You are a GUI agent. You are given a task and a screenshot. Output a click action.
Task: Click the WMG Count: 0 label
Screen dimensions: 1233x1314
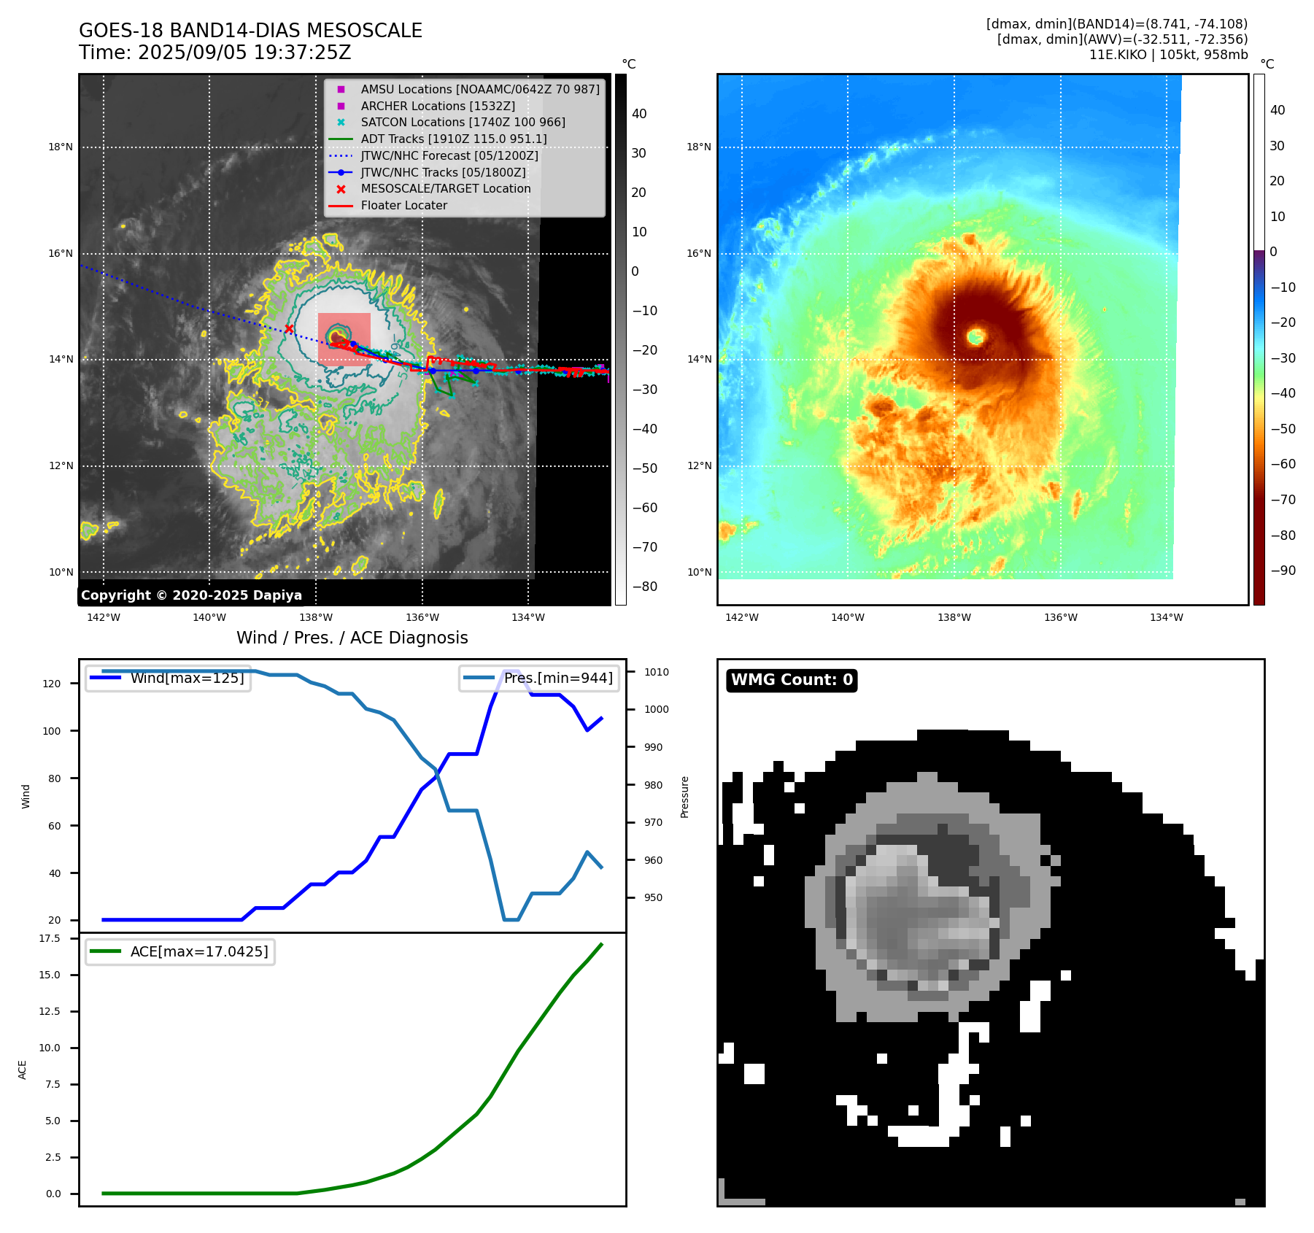tap(792, 680)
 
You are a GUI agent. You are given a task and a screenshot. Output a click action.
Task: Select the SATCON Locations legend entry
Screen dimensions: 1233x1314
tap(463, 123)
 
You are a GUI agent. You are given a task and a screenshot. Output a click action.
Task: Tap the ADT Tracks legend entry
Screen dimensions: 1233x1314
tap(453, 139)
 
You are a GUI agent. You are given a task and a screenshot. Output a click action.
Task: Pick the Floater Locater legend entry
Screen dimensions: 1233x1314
tap(403, 206)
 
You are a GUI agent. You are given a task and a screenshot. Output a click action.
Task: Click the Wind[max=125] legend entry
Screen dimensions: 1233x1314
tap(187, 678)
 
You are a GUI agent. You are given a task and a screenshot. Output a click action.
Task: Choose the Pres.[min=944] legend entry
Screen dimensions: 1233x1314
tap(558, 678)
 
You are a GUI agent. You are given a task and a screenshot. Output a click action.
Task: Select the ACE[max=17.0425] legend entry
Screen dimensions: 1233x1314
tap(198, 951)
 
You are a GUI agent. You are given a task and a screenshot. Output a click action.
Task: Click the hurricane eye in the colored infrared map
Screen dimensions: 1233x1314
tap(976, 336)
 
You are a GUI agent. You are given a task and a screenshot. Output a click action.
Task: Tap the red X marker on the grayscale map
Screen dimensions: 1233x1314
tap(289, 329)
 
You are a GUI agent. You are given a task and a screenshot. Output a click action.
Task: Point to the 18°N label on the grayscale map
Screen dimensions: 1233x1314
tap(61, 147)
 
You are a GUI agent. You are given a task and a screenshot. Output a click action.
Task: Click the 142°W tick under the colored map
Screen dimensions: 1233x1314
tap(742, 617)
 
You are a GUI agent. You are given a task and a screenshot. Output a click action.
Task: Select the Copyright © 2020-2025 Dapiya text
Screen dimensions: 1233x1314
tap(191, 595)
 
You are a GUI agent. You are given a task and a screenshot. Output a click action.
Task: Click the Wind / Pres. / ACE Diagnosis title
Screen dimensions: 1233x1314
tap(352, 638)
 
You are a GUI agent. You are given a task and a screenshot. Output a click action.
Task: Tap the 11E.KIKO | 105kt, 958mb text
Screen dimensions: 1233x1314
tap(1168, 55)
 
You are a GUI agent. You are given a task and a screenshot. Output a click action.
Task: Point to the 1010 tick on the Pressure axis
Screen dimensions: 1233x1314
tap(656, 672)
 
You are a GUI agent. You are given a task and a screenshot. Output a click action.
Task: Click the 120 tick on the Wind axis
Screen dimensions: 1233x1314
tap(52, 684)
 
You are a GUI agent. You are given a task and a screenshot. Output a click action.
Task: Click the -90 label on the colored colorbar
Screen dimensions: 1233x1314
tap(1283, 571)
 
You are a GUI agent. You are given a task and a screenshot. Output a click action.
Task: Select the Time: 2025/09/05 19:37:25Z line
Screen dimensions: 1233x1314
tap(215, 53)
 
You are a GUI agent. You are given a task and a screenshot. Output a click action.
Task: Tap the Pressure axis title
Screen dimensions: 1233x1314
tap(684, 797)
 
